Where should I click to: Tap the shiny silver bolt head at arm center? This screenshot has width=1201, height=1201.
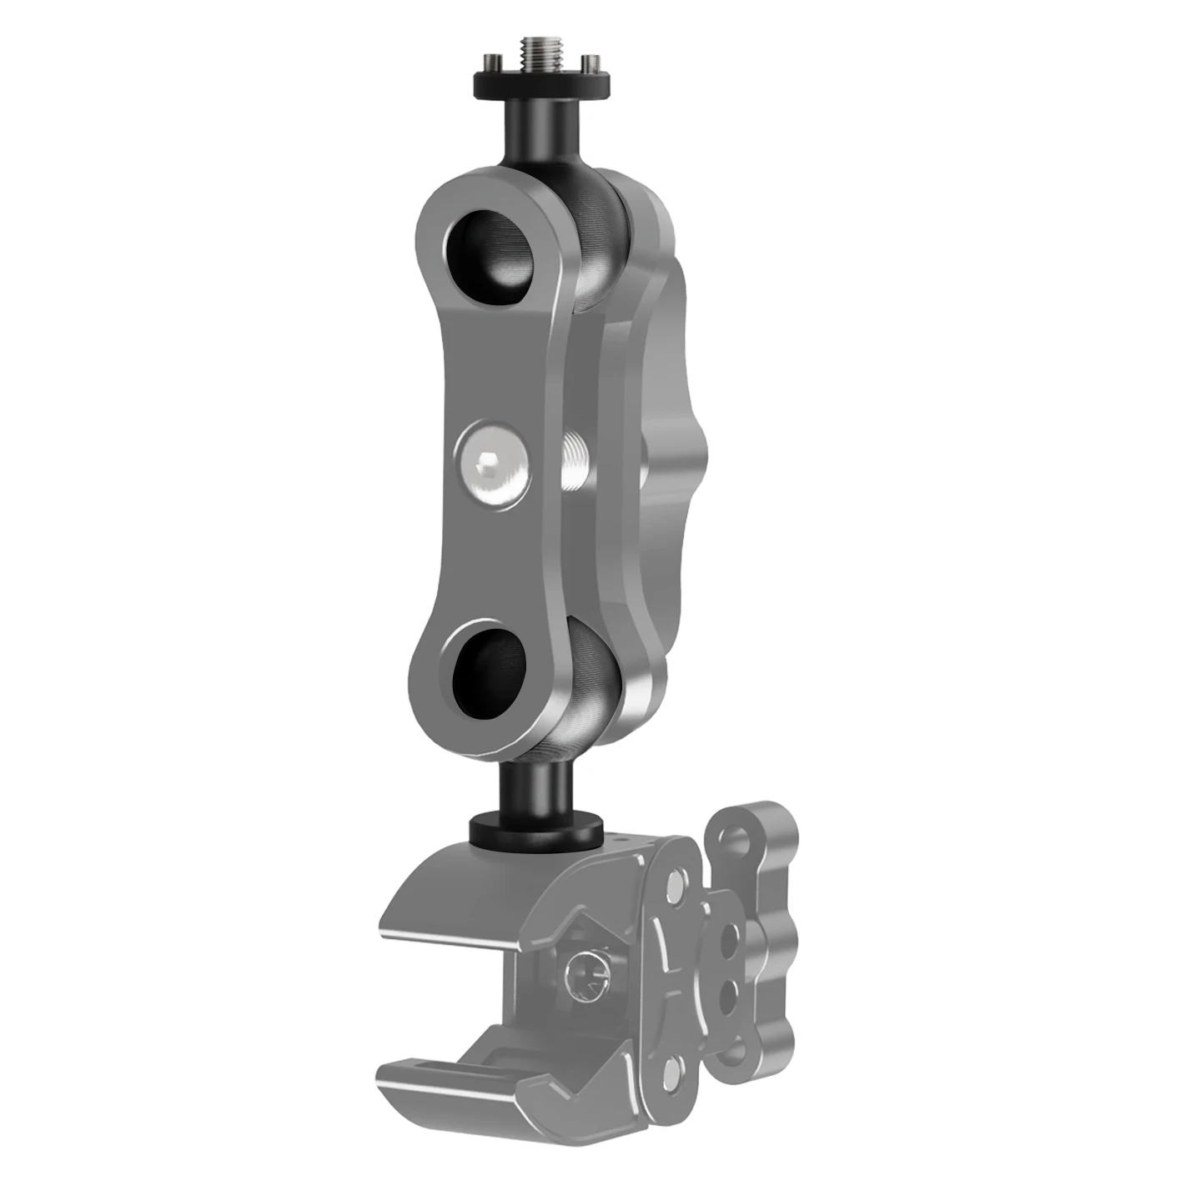(x=491, y=462)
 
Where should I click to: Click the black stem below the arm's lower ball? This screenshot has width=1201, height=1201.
(x=535, y=788)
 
